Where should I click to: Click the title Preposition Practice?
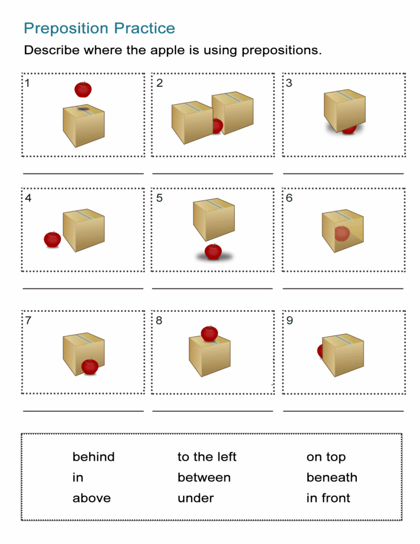(x=99, y=28)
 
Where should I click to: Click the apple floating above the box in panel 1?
(x=82, y=89)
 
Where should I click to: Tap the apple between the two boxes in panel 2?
(x=217, y=126)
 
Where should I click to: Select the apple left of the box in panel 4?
(x=52, y=240)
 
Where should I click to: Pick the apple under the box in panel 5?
(x=213, y=251)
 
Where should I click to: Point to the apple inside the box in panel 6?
(x=342, y=233)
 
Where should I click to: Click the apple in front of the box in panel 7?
(x=90, y=367)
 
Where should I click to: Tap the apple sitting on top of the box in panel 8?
(x=209, y=334)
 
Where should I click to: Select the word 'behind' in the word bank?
(x=93, y=457)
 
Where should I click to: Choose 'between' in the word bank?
(x=204, y=478)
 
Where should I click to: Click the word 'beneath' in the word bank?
(x=332, y=478)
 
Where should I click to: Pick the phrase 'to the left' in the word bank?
(x=207, y=457)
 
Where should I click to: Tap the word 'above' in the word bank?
(x=91, y=498)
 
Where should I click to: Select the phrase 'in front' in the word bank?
(x=328, y=498)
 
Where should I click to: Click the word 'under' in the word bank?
(x=195, y=498)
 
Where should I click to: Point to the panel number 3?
(x=289, y=83)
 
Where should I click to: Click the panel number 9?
(x=289, y=321)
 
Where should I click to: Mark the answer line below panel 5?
(x=212, y=288)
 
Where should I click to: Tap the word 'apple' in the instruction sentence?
(x=161, y=51)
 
